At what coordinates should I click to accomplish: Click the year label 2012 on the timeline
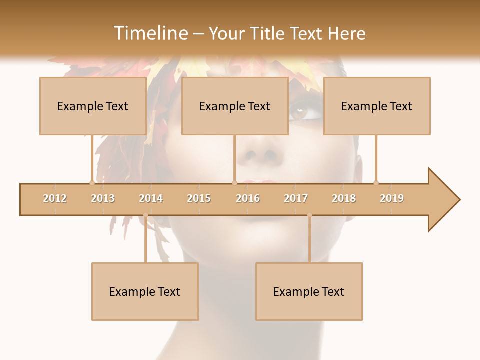(x=55, y=198)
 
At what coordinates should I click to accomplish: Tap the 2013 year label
(x=103, y=198)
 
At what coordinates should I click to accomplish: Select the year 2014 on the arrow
(x=151, y=198)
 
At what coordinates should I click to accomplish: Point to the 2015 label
(x=199, y=198)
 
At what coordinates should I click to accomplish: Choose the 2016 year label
(x=248, y=198)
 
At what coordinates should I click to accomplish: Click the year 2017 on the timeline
(x=296, y=198)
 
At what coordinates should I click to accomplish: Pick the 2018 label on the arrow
(x=344, y=198)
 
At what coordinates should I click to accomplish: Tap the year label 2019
(x=392, y=198)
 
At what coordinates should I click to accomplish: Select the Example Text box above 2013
(x=93, y=106)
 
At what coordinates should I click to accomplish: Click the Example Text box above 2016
(x=235, y=106)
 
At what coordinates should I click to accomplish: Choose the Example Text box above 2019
(x=377, y=106)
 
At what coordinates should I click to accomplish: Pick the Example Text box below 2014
(x=145, y=292)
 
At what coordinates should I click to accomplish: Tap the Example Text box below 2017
(x=309, y=292)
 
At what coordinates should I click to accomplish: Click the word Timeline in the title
(x=150, y=33)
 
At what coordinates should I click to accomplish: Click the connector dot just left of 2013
(x=92, y=183)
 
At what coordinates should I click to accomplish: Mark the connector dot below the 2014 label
(x=145, y=215)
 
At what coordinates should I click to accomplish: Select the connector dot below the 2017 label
(x=309, y=215)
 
